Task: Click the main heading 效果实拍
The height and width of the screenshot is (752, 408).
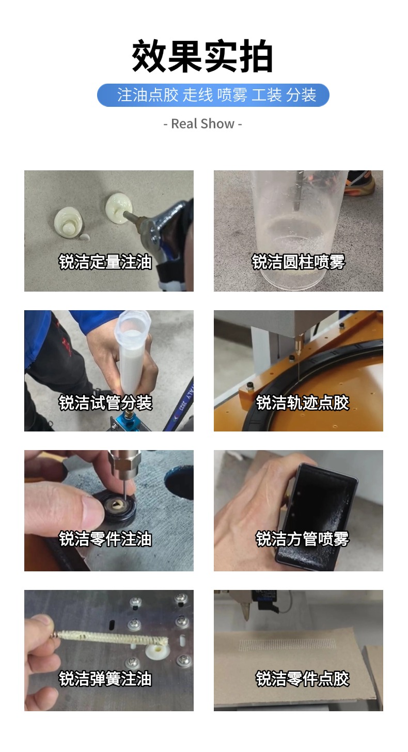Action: coord(202,56)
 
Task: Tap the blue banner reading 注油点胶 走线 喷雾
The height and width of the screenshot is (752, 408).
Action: coord(213,95)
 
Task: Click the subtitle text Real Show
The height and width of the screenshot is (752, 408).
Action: coord(202,124)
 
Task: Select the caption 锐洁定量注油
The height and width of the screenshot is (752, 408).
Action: coord(105,262)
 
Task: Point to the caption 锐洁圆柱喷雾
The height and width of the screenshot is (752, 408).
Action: coord(299,262)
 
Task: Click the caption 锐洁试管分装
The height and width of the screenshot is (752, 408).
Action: coord(105,403)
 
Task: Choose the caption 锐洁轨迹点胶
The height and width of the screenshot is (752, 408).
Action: coord(303,403)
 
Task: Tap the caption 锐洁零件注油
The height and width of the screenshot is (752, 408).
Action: coord(105,539)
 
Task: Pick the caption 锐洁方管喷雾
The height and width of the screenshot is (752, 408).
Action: coord(303,539)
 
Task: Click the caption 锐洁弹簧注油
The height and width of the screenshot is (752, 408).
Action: coord(105,679)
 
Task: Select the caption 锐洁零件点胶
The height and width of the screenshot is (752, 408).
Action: coord(303,679)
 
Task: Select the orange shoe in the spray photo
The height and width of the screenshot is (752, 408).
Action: coord(360,183)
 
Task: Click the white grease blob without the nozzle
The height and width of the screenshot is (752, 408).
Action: coord(68,221)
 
